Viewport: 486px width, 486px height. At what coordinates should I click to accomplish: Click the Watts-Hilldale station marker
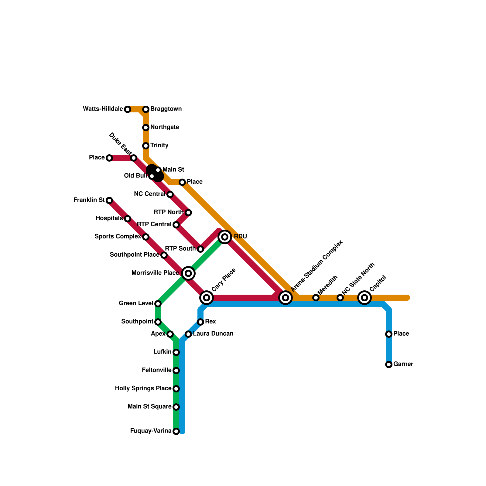pos(128,109)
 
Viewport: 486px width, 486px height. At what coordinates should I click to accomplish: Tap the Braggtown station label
pos(166,109)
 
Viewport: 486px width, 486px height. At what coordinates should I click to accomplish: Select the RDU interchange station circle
pos(225,237)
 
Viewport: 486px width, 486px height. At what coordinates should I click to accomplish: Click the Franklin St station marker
pos(109,200)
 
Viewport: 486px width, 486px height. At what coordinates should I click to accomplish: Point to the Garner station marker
pos(389,364)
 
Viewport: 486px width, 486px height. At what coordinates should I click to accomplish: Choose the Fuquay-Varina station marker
pos(176,431)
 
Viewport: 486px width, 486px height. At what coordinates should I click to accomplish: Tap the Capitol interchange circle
pos(364,298)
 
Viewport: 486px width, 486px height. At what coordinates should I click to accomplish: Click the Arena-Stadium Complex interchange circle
pos(286,298)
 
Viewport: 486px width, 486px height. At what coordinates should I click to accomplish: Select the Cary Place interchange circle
pos(207,298)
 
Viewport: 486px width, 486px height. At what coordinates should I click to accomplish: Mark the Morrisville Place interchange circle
pos(188,273)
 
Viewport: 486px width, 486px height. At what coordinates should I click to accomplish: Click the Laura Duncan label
pos(213,334)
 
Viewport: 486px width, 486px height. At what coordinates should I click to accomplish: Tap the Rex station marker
pos(200,322)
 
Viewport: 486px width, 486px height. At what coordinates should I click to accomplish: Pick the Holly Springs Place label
pos(143,388)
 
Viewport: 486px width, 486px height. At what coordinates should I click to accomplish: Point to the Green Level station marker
pos(158,304)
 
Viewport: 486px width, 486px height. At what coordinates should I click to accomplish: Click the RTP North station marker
pos(188,213)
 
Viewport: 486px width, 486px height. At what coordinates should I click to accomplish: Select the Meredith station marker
pos(316,298)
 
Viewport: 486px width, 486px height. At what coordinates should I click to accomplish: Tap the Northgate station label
pos(165,127)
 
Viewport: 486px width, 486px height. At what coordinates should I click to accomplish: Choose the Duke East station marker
pos(134,158)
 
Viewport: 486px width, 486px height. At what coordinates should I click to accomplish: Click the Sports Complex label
pos(118,237)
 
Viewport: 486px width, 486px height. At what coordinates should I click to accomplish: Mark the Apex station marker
pos(170,334)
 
